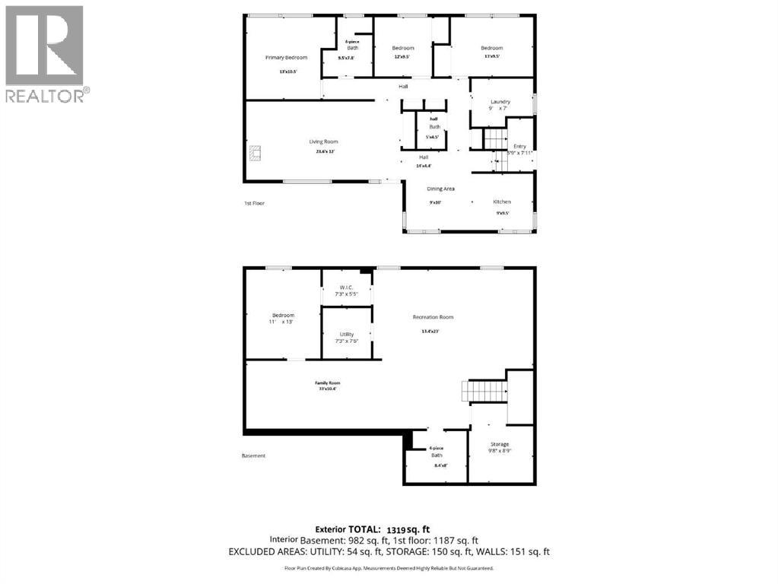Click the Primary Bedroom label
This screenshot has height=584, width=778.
286,58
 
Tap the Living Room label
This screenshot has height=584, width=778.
323,141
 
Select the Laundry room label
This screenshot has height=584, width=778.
500,101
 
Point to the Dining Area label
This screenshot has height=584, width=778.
440,188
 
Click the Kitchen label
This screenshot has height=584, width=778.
502,202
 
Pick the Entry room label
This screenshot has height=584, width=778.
519,146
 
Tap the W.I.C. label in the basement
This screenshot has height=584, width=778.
346,287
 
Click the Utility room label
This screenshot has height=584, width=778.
347,334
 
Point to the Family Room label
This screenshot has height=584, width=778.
328,382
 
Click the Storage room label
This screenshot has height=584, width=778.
500,444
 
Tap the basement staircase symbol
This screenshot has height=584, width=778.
484,392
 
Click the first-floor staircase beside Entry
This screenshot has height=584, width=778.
494,140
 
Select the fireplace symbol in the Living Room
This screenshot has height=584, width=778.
256,154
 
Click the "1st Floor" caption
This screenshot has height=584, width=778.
255,203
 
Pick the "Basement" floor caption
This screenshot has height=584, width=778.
253,455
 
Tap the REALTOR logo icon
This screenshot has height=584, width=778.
44,46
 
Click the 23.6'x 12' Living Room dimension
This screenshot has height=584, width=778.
323,151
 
